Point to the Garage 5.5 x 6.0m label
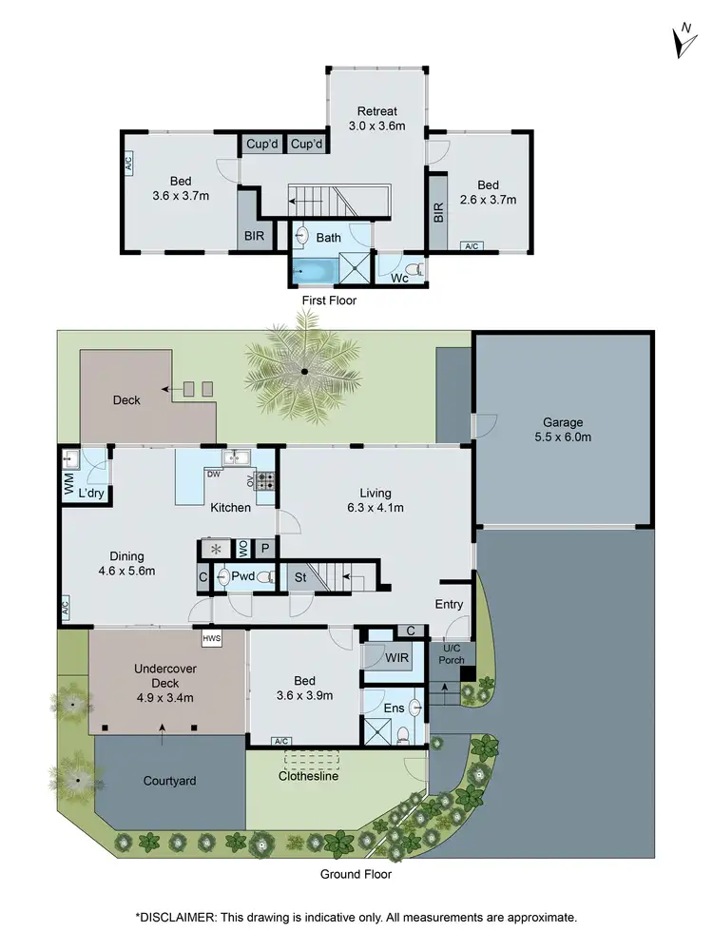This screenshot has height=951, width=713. click(562, 430)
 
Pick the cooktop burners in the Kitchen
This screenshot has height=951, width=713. click(265, 481)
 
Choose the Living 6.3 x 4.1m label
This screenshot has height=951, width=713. click(381, 500)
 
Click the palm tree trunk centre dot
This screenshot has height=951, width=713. click(304, 371)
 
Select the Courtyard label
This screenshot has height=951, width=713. click(169, 781)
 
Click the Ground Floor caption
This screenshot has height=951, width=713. click(356, 874)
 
